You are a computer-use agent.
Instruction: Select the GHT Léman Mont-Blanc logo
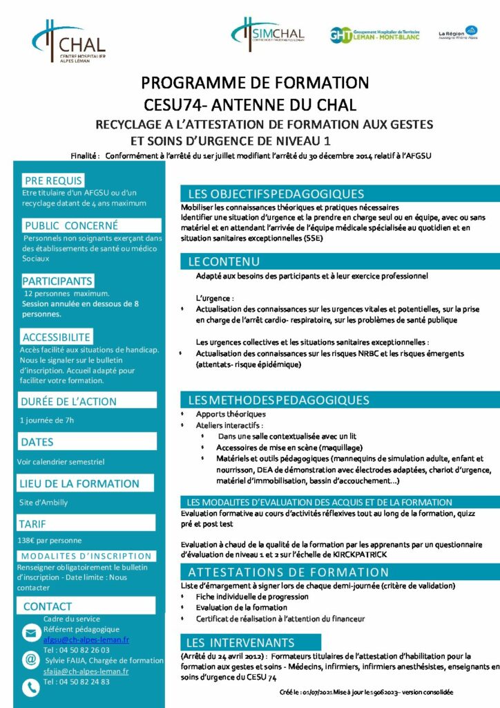pos(372,35)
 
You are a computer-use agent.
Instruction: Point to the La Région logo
pos(459,32)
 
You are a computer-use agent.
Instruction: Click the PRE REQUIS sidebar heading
pos(53,180)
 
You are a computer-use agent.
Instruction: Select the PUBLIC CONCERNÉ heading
pos(70,225)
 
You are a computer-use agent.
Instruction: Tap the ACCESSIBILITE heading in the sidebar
pos(57,337)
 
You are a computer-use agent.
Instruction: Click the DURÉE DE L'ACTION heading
pos(68,401)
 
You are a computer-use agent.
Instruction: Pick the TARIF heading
pos(34,524)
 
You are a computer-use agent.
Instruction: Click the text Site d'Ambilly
pos(44,503)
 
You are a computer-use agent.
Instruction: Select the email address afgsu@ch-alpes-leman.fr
pos(86,640)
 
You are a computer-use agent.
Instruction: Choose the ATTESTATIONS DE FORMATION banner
pos(288,572)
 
